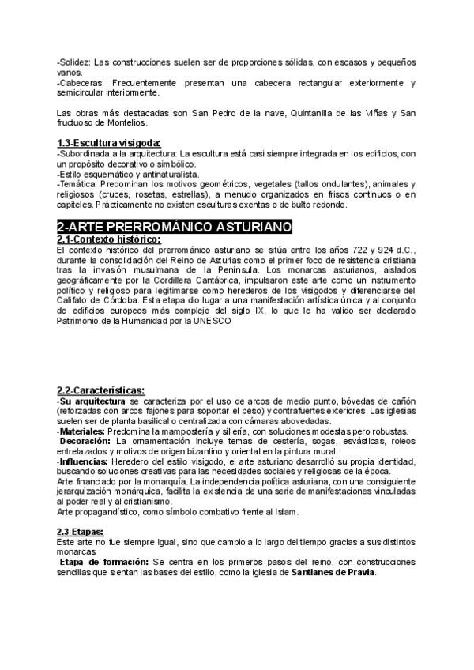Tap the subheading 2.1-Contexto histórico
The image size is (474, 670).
[108, 239]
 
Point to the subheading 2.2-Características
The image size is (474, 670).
[100, 390]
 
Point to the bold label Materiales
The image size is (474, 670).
[82, 431]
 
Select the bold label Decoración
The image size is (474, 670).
[85, 442]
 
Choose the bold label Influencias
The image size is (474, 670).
[85, 461]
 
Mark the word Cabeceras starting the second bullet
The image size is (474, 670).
[81, 82]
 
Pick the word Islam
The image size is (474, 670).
[286, 491]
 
